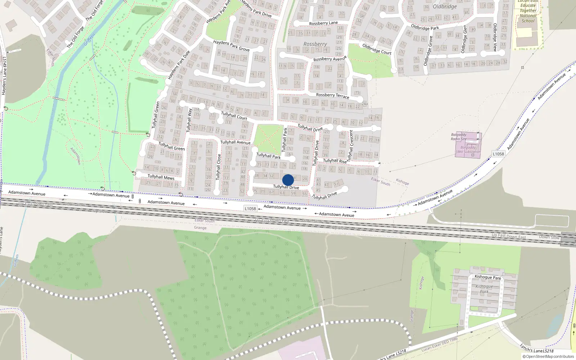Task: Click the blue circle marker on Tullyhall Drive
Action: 288,180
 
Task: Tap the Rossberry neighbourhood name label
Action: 315,44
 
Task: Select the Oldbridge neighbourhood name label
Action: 445,6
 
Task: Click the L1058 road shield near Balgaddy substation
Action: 498,154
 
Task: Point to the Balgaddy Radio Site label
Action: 459,137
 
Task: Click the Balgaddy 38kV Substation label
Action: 468,149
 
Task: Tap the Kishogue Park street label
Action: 487,277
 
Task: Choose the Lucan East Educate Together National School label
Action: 528,11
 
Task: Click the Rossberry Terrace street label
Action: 332,95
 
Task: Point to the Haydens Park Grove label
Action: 231,45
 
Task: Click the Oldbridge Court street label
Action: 377,49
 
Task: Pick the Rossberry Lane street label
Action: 323,23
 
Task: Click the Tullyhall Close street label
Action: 218,167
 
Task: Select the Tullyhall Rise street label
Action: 334,161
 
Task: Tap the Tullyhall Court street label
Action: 234,116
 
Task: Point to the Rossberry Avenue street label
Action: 330,58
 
